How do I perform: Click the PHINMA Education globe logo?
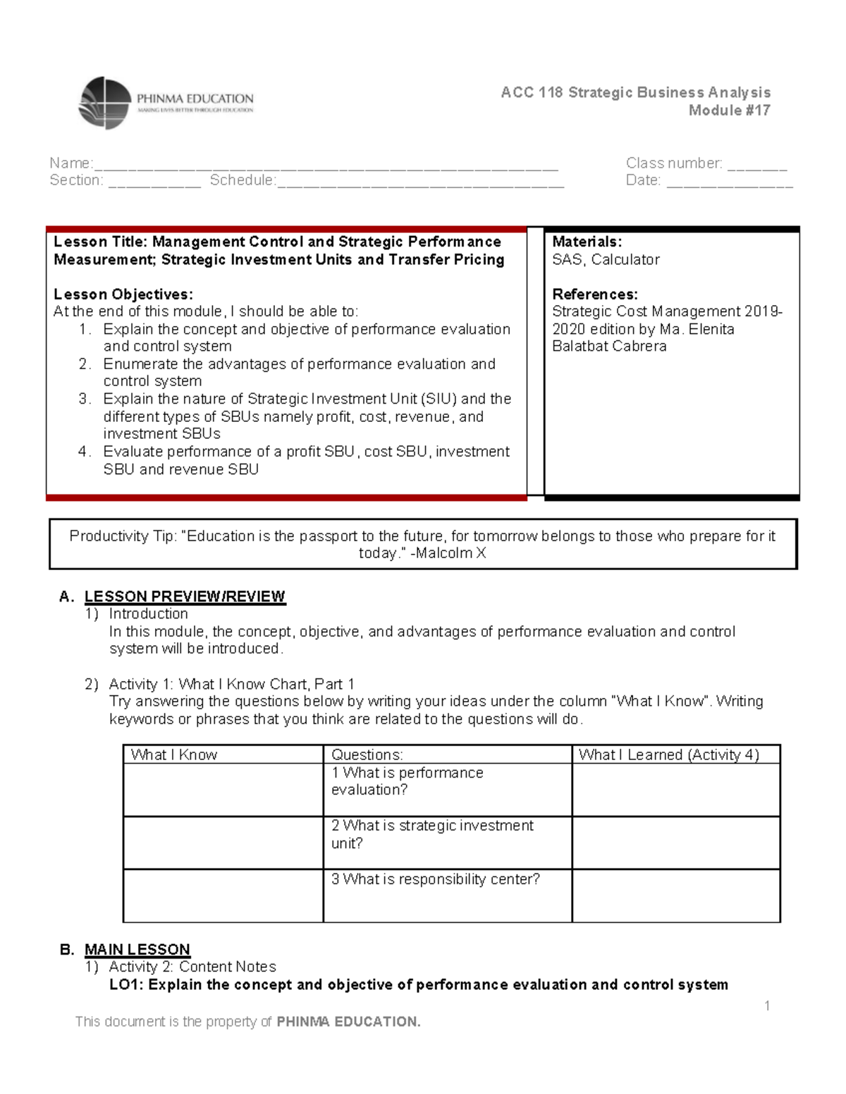(105, 103)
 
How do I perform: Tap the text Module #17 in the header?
(729, 110)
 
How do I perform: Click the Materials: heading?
(587, 242)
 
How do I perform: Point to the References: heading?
(594, 294)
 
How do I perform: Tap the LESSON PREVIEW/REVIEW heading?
(185, 597)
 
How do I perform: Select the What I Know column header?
(174, 754)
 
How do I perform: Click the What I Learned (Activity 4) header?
(668, 754)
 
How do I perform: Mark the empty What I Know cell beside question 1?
(223, 790)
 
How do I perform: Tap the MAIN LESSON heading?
(137, 949)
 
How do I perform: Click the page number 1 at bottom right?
(767, 1005)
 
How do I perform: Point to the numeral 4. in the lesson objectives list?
(85, 452)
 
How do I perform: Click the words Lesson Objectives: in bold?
(123, 294)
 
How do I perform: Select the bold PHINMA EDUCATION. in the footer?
(348, 1021)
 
